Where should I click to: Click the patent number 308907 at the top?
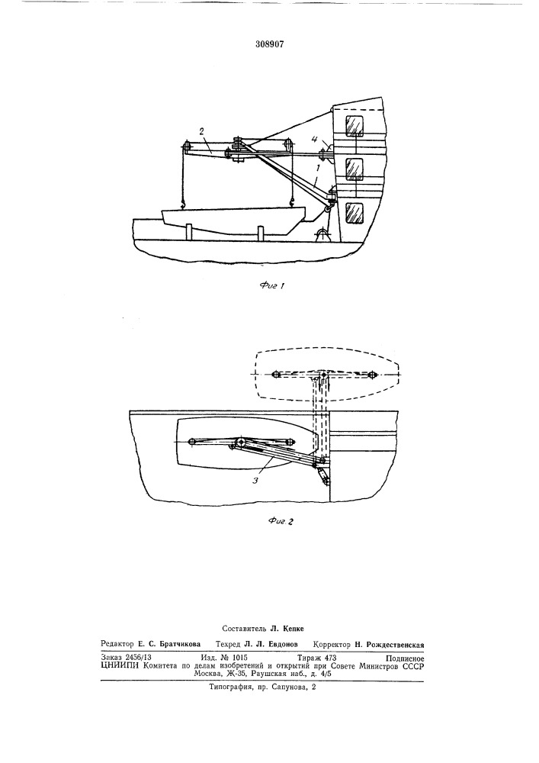(x=270, y=44)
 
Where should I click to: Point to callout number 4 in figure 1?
(x=315, y=140)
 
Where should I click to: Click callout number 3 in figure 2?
(x=255, y=480)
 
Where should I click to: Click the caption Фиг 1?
(x=271, y=285)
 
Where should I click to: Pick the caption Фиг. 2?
(x=281, y=522)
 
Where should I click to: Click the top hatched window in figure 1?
(x=355, y=126)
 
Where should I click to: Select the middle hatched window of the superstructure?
(x=355, y=169)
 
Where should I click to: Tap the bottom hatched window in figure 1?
(x=355, y=213)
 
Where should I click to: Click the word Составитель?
(x=242, y=629)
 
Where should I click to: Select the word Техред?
(x=228, y=644)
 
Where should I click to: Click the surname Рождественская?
(x=395, y=644)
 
